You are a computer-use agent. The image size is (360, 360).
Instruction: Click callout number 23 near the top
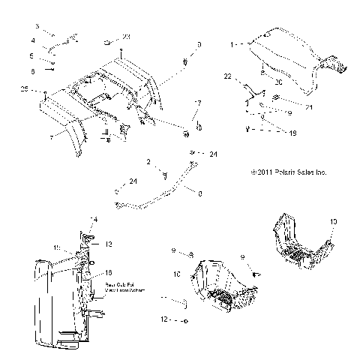click(126, 37)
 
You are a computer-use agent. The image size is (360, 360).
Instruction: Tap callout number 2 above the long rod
click(149, 160)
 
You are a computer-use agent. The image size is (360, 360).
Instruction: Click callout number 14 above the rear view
click(94, 218)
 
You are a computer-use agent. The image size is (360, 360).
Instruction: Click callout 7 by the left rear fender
click(51, 137)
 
